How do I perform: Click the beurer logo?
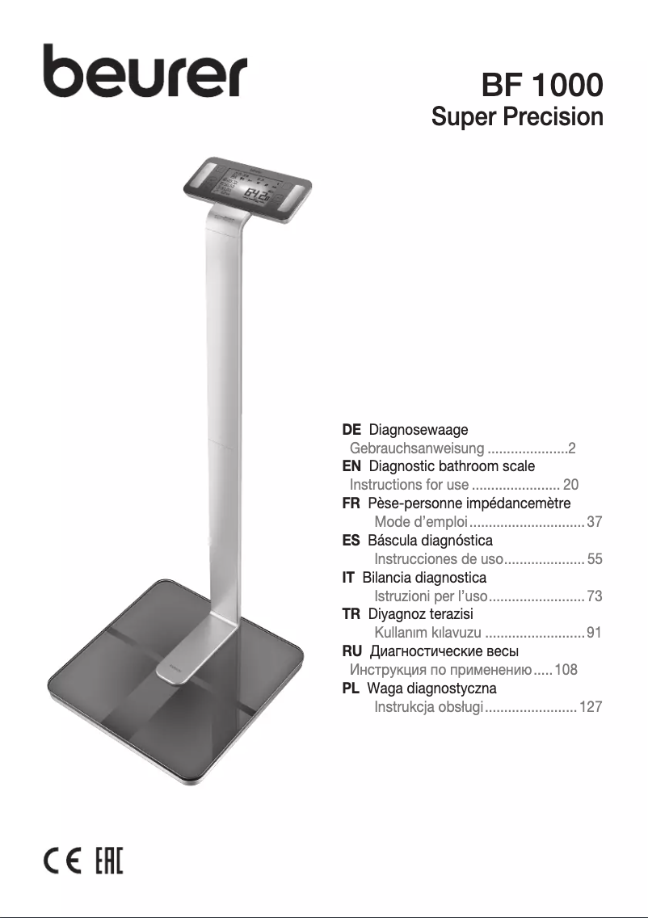pyautogui.click(x=145, y=71)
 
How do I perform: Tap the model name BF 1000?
pyautogui.click(x=542, y=85)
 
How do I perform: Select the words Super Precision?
pyautogui.click(x=517, y=116)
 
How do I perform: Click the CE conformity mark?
pyautogui.click(x=63, y=860)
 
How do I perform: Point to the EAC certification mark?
pyautogui.click(x=109, y=860)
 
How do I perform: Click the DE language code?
pyautogui.click(x=351, y=430)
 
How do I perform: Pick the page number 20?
pyautogui.click(x=570, y=485)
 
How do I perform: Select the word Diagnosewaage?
pyautogui.click(x=419, y=430)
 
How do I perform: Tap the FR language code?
pyautogui.click(x=351, y=503)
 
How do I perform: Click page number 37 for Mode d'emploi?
pyautogui.click(x=594, y=522)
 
